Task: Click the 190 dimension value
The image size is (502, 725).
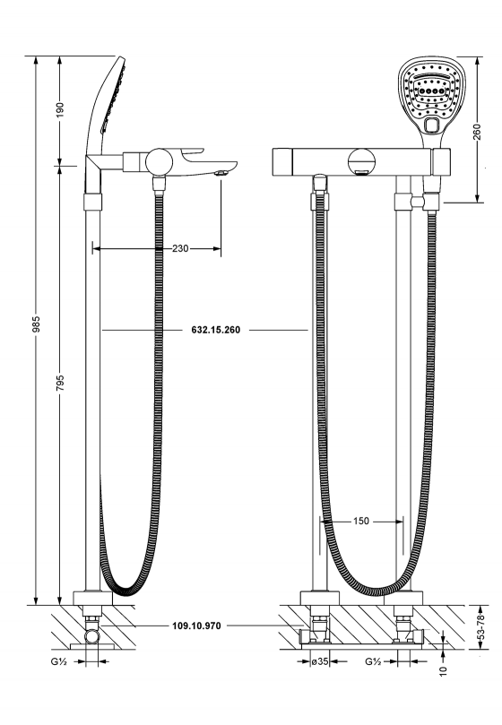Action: click(x=61, y=110)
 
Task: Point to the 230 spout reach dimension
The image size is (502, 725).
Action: click(x=180, y=249)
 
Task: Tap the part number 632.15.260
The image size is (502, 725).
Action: click(x=216, y=330)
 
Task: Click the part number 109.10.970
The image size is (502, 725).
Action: click(x=196, y=626)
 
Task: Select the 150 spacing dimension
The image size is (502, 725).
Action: click(x=361, y=521)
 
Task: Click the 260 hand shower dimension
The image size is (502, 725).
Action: click(x=477, y=132)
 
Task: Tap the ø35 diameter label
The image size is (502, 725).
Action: click(x=320, y=661)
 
